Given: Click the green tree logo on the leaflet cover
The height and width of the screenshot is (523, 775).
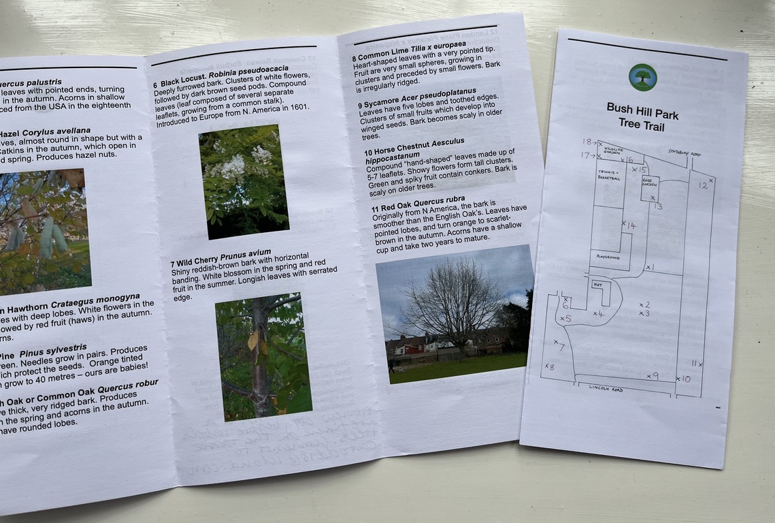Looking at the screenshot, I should coord(642,77).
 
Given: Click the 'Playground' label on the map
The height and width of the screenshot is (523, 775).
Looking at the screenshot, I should coord(608,257).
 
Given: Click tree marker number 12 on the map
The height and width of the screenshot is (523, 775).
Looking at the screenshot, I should coord(704,184).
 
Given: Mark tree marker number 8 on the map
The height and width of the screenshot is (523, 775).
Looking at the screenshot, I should coord(549,366).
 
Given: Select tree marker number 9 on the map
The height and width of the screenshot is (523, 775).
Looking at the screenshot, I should coord(652,375).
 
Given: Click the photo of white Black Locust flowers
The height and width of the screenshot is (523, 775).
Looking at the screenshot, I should coord(243,180).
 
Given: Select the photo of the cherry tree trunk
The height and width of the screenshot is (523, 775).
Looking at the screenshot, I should coord(263,356).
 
